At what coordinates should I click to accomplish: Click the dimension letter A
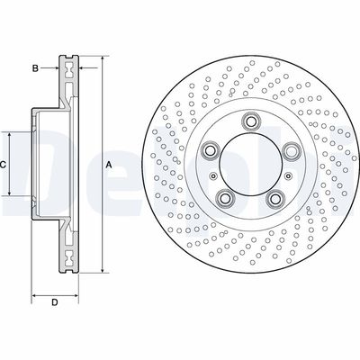coord(109,165)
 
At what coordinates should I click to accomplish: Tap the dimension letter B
coord(35,68)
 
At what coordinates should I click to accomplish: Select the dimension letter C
coord(4,165)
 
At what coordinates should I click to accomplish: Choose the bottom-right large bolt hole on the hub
coord(273,200)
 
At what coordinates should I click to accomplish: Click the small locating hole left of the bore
coord(212,176)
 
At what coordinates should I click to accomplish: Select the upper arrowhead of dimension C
coord(11,133)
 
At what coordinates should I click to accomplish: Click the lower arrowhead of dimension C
coord(11,195)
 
